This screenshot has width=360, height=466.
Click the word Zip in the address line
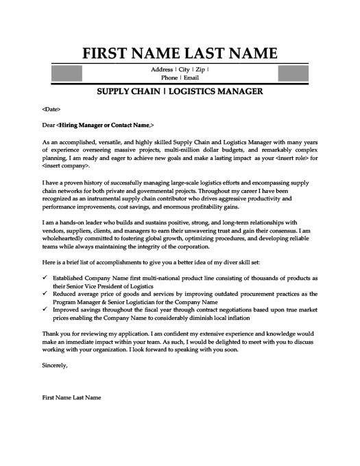201,70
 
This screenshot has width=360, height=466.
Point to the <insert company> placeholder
66,167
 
